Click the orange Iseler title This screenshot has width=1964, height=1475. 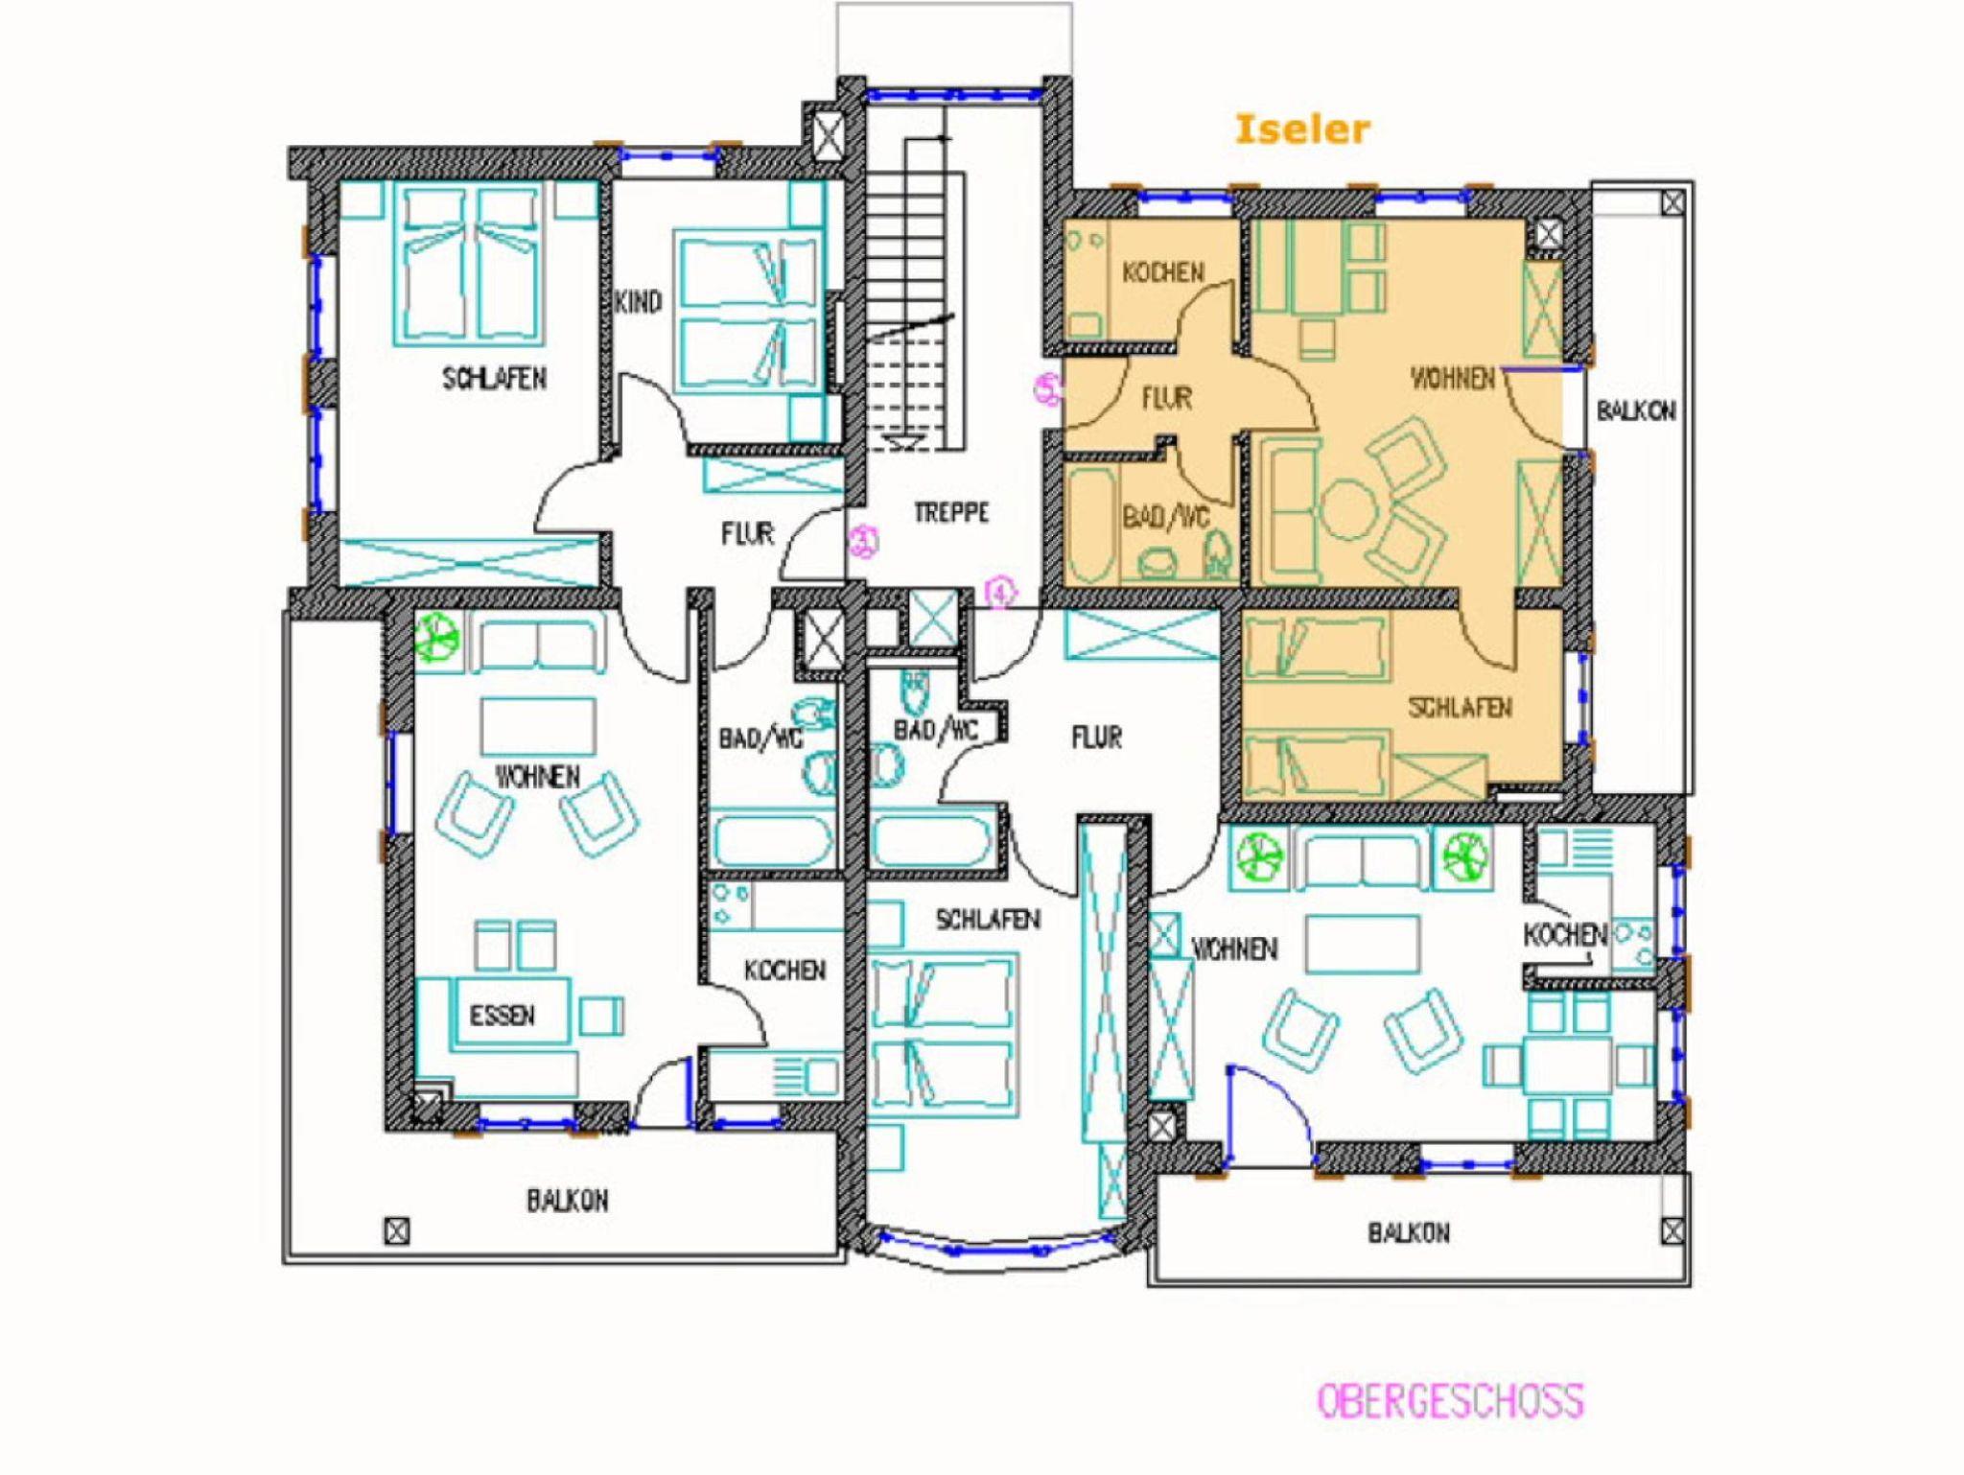pos(1301,129)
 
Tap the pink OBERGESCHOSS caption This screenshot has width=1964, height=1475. pos(1450,1401)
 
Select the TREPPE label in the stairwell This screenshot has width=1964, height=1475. pos(950,513)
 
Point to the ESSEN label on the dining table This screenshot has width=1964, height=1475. pos(503,1016)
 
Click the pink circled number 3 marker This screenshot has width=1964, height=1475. pos(863,541)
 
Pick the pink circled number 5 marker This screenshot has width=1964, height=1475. pos(1048,388)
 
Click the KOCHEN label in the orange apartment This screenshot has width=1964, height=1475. pos(1163,272)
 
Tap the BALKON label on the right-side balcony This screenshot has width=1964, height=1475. pos(1636,411)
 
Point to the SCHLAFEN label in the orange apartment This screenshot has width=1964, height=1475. pos(1460,708)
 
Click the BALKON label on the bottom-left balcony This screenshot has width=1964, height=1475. pos(567,1201)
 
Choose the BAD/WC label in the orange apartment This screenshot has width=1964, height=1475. pos(1166,518)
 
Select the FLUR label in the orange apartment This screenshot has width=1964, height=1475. pos(1167,398)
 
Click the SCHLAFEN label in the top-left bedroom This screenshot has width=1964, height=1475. pos(495,379)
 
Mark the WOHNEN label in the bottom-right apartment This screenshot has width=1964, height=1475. pos(1234,949)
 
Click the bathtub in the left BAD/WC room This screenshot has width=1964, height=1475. pos(773,841)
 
